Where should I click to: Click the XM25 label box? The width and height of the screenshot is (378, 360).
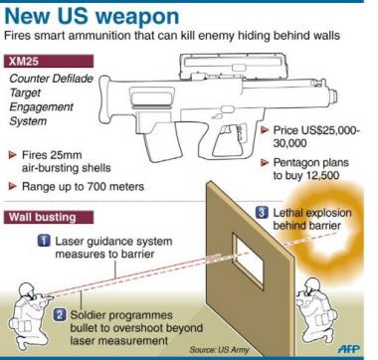tap(49, 62)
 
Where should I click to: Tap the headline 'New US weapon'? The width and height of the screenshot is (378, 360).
tap(92, 17)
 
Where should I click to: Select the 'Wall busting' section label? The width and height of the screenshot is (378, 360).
tap(49, 217)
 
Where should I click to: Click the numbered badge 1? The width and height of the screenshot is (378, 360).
tap(44, 241)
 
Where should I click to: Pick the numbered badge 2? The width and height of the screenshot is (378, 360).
tap(60, 314)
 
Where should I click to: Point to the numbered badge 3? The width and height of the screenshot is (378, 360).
tap(262, 212)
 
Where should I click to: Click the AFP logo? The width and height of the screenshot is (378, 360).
tap(349, 349)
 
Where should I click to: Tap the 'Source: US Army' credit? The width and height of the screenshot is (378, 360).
tap(219, 350)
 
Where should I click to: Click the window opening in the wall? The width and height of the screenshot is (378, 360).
tap(248, 262)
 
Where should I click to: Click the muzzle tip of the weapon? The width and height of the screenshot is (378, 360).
tap(334, 96)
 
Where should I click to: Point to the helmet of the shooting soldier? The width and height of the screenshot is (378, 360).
tap(27, 289)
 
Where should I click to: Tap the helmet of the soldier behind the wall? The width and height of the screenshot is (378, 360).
tap(312, 284)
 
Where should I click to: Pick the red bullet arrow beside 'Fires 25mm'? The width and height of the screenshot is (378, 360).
tap(13, 155)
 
